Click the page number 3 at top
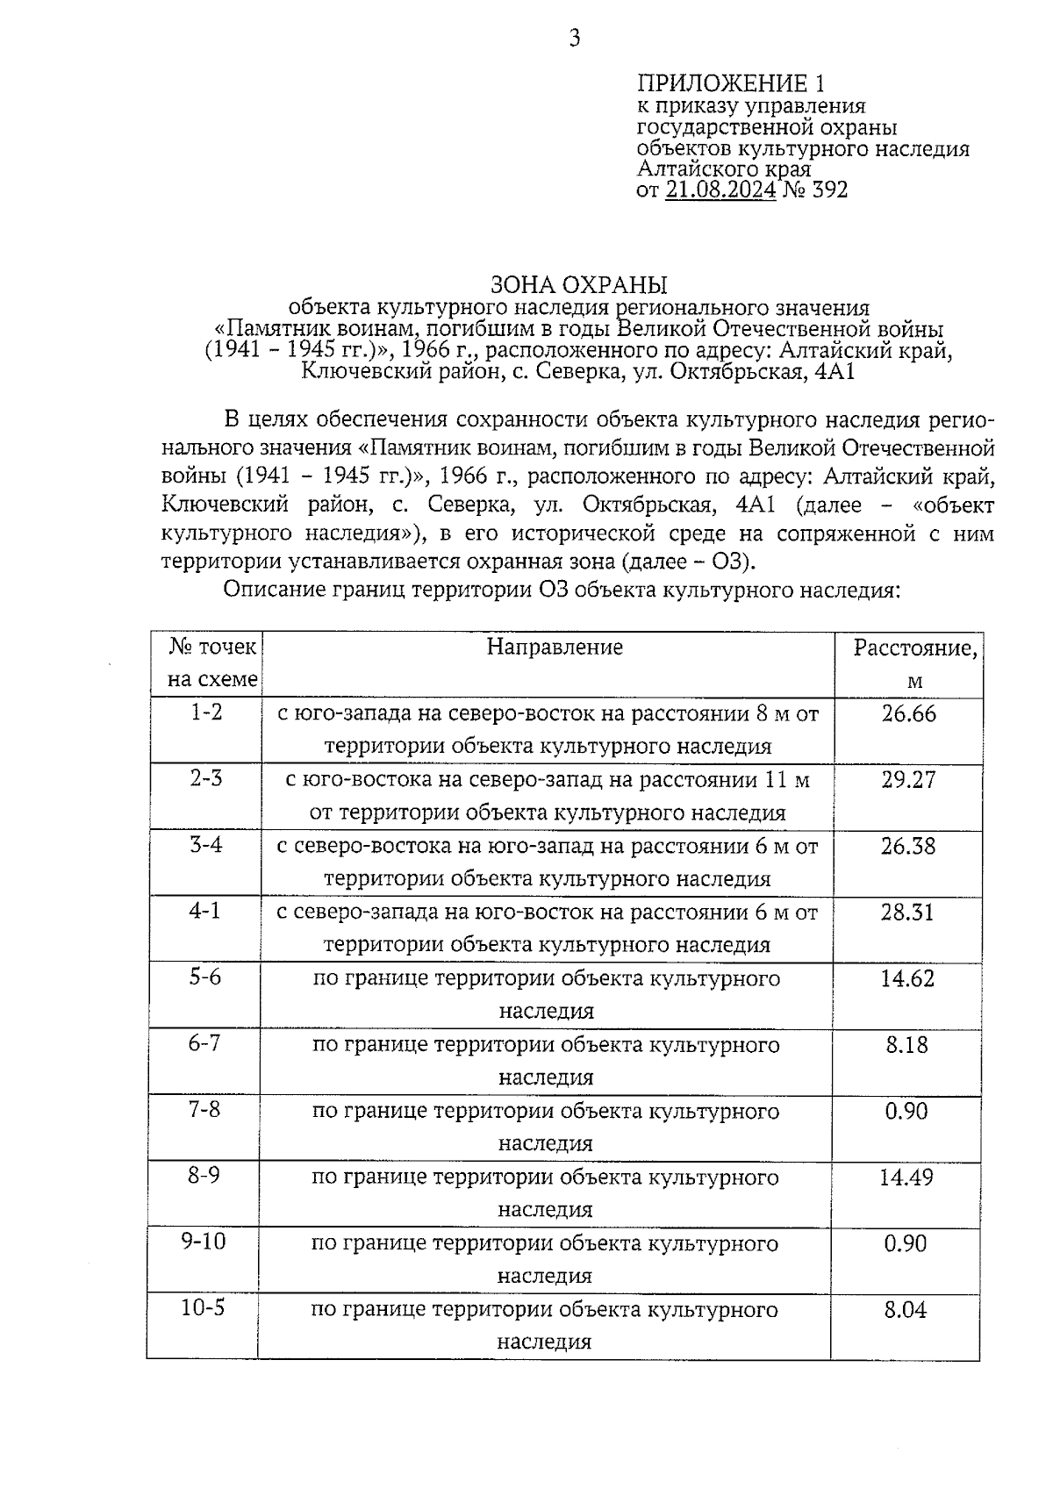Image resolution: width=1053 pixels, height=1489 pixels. (x=575, y=38)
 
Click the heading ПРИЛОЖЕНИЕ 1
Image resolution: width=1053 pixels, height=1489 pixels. (x=730, y=83)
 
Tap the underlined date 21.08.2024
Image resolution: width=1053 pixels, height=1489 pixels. (x=720, y=190)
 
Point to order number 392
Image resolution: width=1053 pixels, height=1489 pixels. (x=829, y=190)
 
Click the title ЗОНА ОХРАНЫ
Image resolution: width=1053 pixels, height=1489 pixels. (x=578, y=285)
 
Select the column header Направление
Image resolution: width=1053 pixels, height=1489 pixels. (x=555, y=648)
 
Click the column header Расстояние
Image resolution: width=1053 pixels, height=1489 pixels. (x=914, y=648)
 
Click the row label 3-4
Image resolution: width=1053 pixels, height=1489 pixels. (x=206, y=845)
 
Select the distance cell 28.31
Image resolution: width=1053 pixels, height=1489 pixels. (x=908, y=913)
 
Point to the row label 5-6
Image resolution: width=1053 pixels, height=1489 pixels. (x=205, y=977)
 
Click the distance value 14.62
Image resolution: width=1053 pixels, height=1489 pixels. (x=907, y=978)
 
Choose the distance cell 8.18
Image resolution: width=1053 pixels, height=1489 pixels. (x=906, y=1045)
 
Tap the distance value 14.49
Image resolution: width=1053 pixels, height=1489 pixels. (x=906, y=1178)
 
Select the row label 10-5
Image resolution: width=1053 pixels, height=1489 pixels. (x=203, y=1308)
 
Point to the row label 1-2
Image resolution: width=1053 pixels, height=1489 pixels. (x=207, y=712)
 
